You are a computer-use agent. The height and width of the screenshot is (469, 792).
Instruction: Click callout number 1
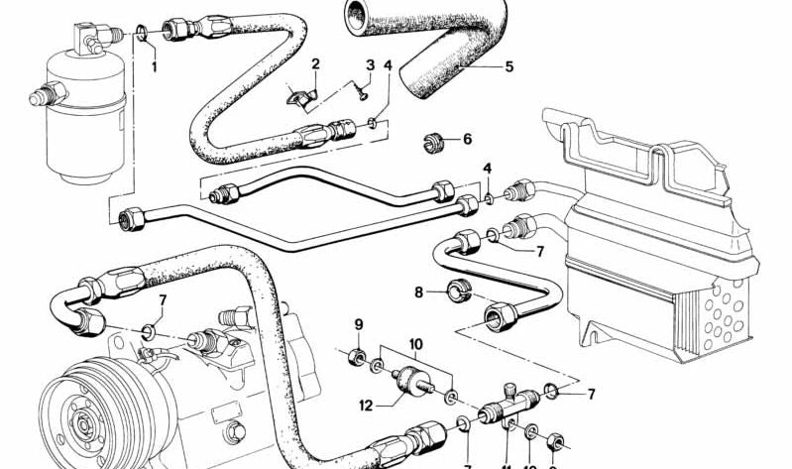(x=155, y=67)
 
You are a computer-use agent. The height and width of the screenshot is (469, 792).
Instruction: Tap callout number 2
(x=315, y=65)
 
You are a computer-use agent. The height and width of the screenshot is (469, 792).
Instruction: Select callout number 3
(x=370, y=66)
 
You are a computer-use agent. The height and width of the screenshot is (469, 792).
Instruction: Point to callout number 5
(x=509, y=68)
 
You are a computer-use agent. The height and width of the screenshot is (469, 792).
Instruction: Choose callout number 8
(x=419, y=293)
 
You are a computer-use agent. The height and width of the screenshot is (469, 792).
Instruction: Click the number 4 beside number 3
(x=389, y=66)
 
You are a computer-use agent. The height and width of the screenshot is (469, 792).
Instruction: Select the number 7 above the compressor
(x=162, y=299)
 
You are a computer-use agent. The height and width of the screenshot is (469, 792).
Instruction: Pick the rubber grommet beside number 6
(x=433, y=142)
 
